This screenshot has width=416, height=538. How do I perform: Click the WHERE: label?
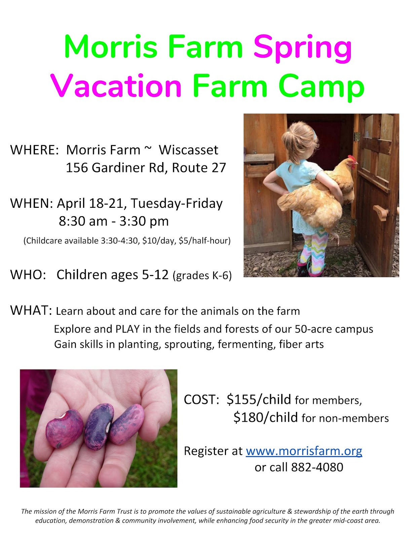point(34,150)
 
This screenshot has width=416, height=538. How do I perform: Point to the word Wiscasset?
point(188,150)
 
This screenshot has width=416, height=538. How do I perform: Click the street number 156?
point(77,167)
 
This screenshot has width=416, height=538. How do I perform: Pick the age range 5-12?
point(155,275)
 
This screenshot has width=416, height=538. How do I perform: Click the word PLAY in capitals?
point(127,329)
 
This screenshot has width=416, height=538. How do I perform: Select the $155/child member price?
point(259,399)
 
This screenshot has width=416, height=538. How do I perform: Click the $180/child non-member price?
point(265,418)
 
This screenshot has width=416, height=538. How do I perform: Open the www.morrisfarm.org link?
point(304,451)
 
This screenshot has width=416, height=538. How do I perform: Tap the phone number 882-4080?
point(317,467)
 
